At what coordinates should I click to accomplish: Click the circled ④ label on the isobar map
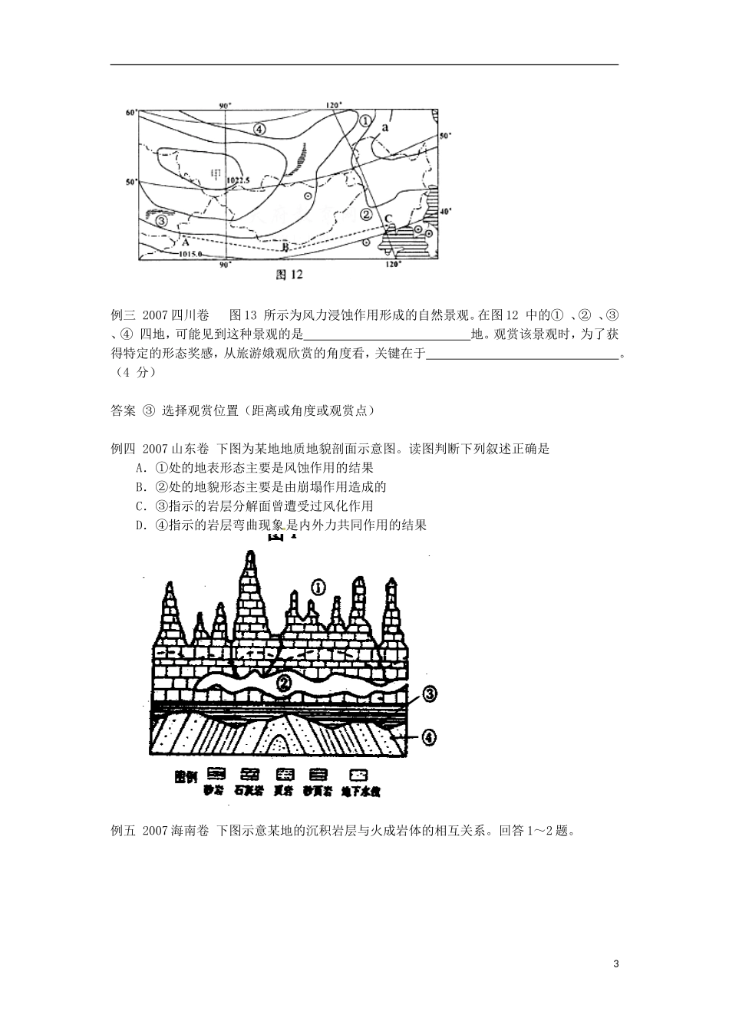(259, 130)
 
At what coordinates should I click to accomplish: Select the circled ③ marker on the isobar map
(161, 221)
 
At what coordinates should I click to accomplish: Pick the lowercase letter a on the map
(384, 129)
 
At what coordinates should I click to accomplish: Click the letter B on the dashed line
(284, 246)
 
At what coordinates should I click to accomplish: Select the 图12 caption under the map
(291, 274)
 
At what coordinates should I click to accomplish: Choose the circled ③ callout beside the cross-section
(429, 695)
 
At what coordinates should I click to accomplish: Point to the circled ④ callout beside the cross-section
(429, 737)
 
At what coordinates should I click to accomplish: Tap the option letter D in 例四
(140, 525)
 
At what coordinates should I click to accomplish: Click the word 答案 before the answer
(124, 410)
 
